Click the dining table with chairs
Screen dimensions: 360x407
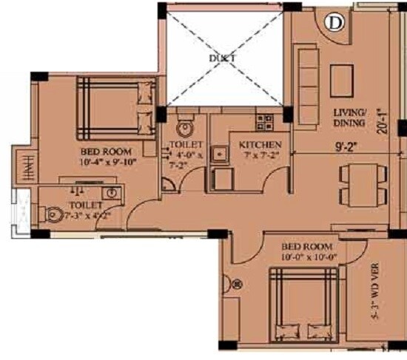pyautogui.click(x=363, y=186)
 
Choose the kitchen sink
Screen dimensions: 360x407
pyautogui.click(x=220, y=154)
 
